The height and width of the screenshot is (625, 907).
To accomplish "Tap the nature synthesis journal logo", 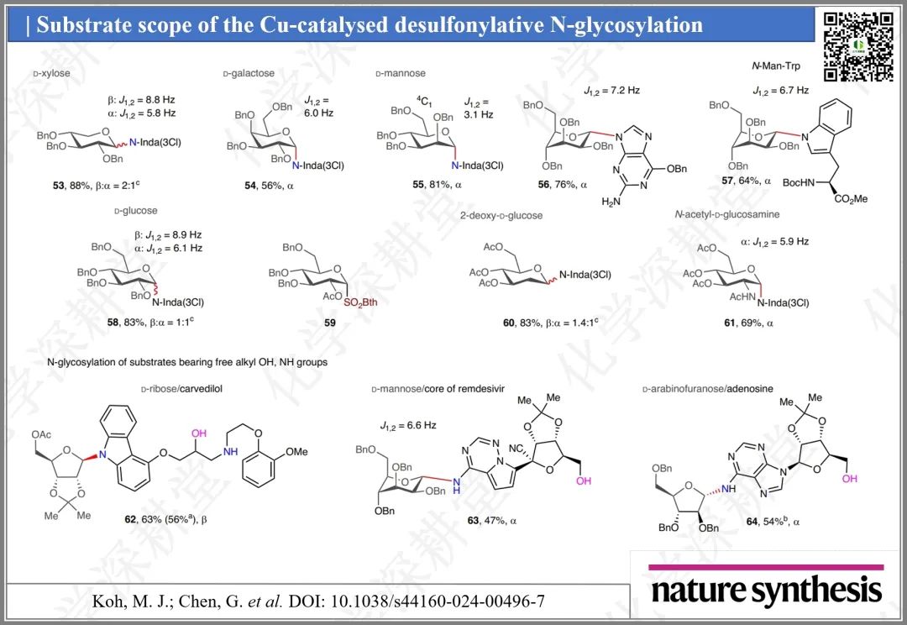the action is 766,590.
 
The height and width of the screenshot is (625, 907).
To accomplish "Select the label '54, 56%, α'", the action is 264,185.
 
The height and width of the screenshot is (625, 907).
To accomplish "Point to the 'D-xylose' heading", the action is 51,74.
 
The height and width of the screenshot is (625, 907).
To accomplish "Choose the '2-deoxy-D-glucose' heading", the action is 501,215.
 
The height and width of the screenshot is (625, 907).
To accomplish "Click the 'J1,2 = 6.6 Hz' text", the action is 408,426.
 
